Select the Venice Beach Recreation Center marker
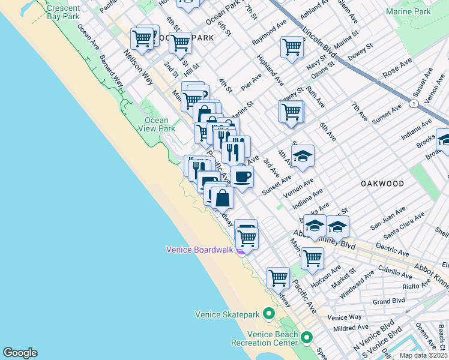pyautogui.click(x=307, y=337)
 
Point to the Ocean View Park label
pyautogui.click(x=157, y=124)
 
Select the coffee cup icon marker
pyautogui.click(x=242, y=177)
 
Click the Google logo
pyautogui.click(x=20, y=353)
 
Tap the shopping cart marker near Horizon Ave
pyautogui.click(x=312, y=259)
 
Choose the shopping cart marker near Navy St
pyautogui.click(x=292, y=46)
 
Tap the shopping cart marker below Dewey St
pyautogui.click(x=291, y=111)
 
